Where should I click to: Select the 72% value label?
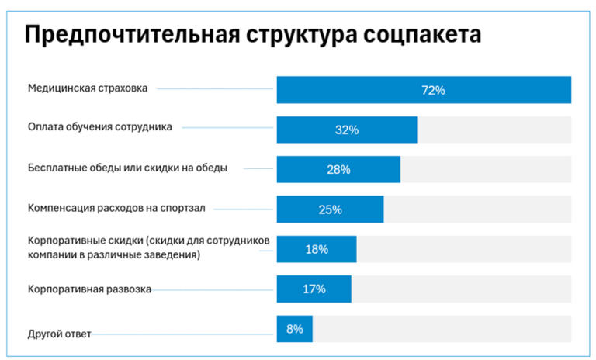pyautogui.click(x=432, y=90)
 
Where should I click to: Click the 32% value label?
pyautogui.click(x=346, y=130)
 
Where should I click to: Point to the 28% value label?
pyautogui.click(x=338, y=170)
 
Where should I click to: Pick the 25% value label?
pyautogui.click(x=330, y=209)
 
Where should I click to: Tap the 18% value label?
pyautogui.click(x=316, y=249)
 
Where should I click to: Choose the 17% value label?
pyautogui.click(x=314, y=289)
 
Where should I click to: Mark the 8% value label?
pyautogui.click(x=294, y=329)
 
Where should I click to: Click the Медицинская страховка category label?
pyautogui.click(x=87, y=88)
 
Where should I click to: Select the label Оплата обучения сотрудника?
pyautogui.click(x=99, y=126)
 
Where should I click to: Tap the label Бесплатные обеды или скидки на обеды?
pyautogui.click(x=127, y=168)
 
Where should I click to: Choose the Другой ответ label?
pyautogui.click(x=60, y=334)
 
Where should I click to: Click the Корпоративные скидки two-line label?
pyautogui.click(x=148, y=247)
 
